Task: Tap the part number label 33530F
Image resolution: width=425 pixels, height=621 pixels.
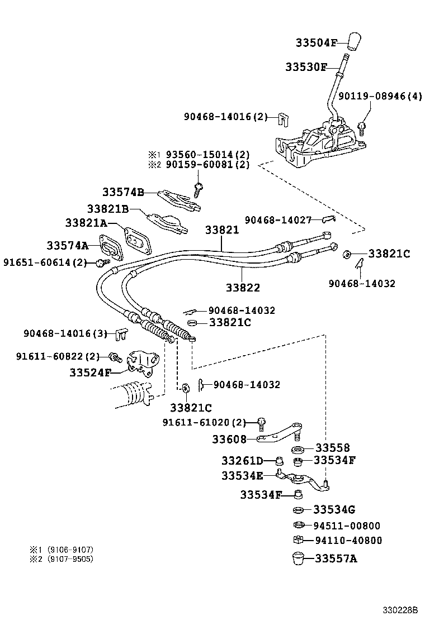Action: click(x=306, y=67)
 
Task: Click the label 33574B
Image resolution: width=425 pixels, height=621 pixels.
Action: click(x=123, y=192)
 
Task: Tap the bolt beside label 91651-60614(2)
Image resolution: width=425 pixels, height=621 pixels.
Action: click(x=101, y=262)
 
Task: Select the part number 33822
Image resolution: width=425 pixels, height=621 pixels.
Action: click(x=243, y=288)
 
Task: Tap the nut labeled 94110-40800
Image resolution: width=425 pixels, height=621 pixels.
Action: click(x=298, y=539)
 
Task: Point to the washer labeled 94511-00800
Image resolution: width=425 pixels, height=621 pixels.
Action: click(x=298, y=525)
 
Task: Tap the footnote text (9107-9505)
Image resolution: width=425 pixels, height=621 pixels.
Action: click(x=69, y=559)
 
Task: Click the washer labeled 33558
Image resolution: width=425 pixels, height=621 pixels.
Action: click(x=297, y=450)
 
